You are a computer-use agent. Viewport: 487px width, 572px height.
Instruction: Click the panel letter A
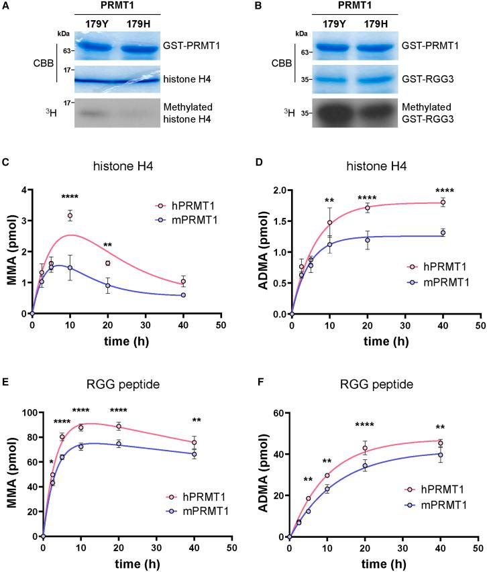pos(5,6)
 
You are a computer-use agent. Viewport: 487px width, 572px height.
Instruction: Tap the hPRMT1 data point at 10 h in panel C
pos(70,215)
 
